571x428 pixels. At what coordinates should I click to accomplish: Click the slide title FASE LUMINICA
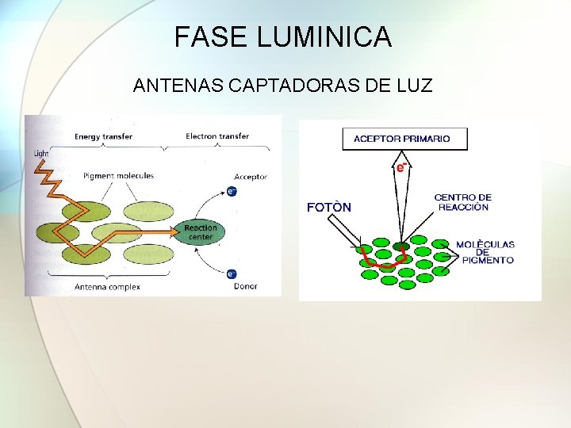(x=283, y=37)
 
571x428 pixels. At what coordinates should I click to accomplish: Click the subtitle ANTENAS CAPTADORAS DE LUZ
(x=283, y=85)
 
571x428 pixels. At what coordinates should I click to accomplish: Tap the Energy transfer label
(x=103, y=136)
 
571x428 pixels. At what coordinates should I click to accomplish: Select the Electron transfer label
(x=217, y=136)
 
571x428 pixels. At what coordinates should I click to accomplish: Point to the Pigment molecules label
(x=118, y=175)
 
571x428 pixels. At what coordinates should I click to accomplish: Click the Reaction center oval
(x=200, y=232)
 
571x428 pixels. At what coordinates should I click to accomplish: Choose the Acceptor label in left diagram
(x=251, y=177)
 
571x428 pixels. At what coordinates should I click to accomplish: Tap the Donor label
(x=246, y=286)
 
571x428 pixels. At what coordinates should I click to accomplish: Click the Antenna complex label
(x=107, y=286)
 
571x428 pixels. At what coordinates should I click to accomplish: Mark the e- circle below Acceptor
(x=231, y=191)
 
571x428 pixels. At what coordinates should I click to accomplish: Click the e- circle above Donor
(x=231, y=274)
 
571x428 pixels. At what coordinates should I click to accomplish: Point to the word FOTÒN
(x=328, y=208)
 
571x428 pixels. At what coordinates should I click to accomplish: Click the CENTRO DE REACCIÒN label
(x=462, y=202)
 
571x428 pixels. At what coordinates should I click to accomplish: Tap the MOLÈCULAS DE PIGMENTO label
(x=485, y=252)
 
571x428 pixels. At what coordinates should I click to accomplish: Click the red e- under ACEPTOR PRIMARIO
(x=401, y=167)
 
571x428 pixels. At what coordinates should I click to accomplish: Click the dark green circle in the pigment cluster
(x=400, y=246)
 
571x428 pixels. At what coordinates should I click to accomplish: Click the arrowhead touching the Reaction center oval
(x=177, y=232)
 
